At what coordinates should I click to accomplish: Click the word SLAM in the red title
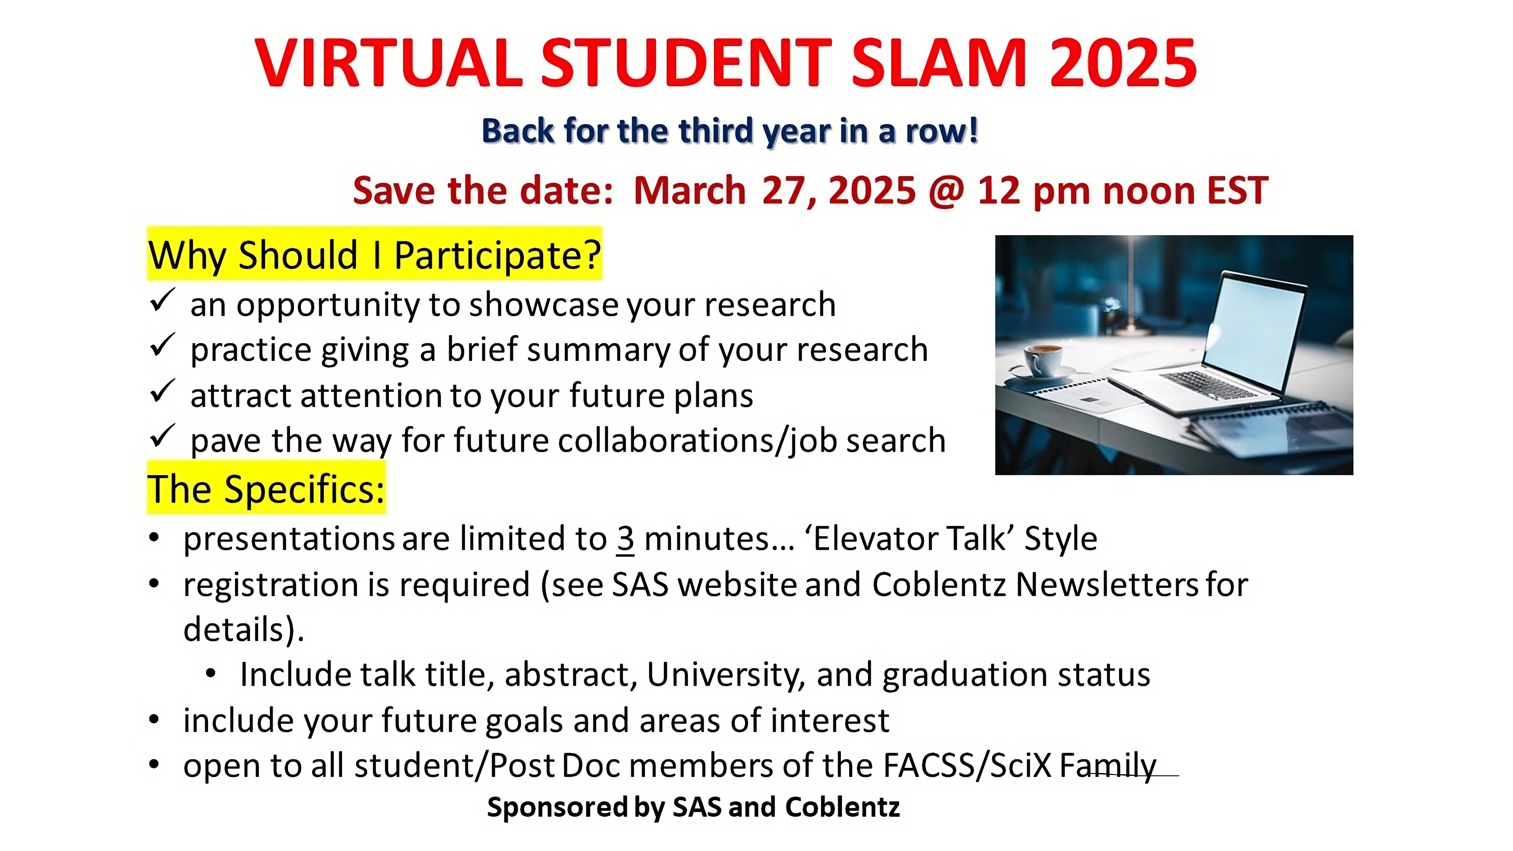[939, 63]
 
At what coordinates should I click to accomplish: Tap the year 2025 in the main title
[1124, 63]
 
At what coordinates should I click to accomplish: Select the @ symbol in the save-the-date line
[946, 191]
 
